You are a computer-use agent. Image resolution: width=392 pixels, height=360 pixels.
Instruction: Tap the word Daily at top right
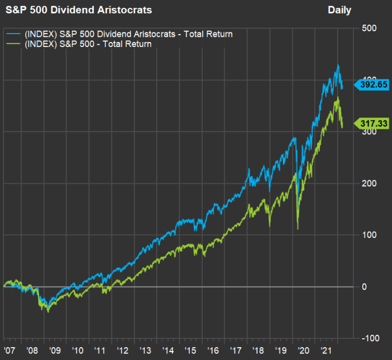[x=339, y=10]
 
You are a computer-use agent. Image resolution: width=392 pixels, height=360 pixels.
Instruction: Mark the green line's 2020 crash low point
[x=297, y=228]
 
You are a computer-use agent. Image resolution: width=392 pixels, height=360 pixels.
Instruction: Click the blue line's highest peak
[x=337, y=66]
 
